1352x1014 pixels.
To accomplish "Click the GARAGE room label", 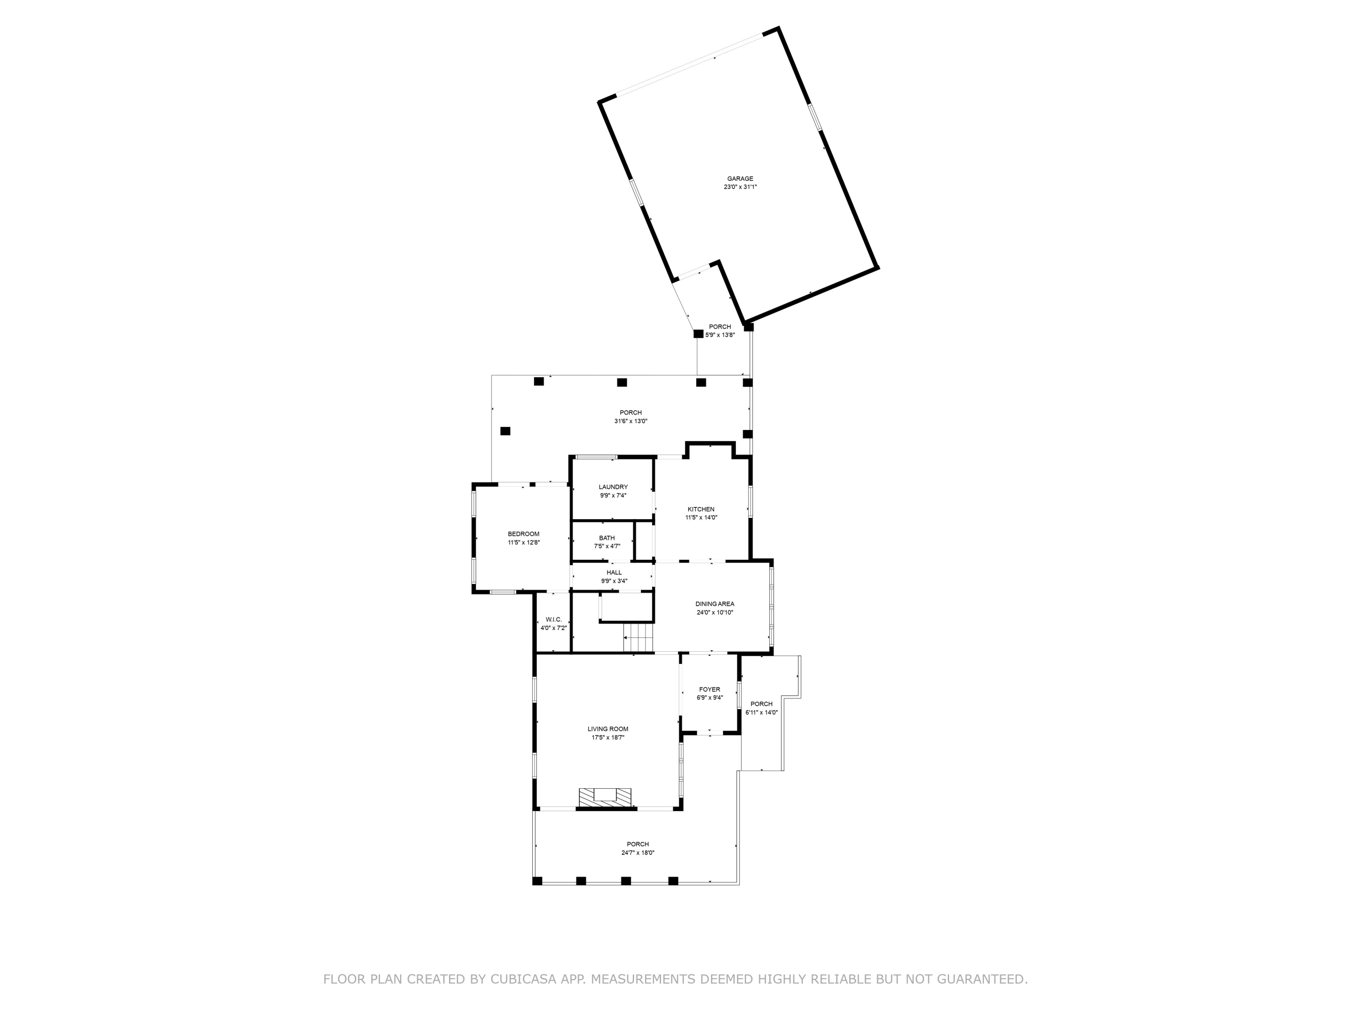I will [x=740, y=178].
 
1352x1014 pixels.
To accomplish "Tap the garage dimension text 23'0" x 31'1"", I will [x=740, y=187].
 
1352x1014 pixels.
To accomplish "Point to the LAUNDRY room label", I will [x=612, y=487].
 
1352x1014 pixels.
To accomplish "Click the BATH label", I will [x=607, y=538].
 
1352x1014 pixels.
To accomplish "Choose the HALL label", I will [x=614, y=573].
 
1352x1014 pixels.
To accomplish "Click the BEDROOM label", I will [x=523, y=534].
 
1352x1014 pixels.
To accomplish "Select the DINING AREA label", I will [x=714, y=604].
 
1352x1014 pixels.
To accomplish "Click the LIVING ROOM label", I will [x=607, y=729].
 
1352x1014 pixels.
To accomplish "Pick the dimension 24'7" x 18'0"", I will [x=638, y=853].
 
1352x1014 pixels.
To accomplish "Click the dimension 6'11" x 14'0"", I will [x=761, y=712].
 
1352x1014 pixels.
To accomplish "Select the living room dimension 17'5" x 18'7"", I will [x=607, y=738].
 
